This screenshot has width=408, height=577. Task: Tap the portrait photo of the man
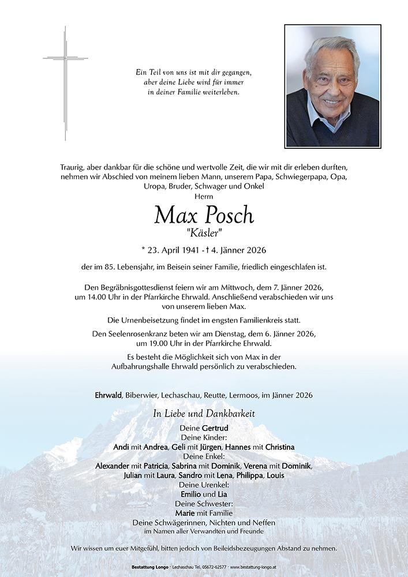point(332,86)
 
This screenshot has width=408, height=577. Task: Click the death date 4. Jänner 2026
point(238,250)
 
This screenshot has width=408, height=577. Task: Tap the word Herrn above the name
point(204,197)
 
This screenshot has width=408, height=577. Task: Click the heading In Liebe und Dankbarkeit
point(204,414)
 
